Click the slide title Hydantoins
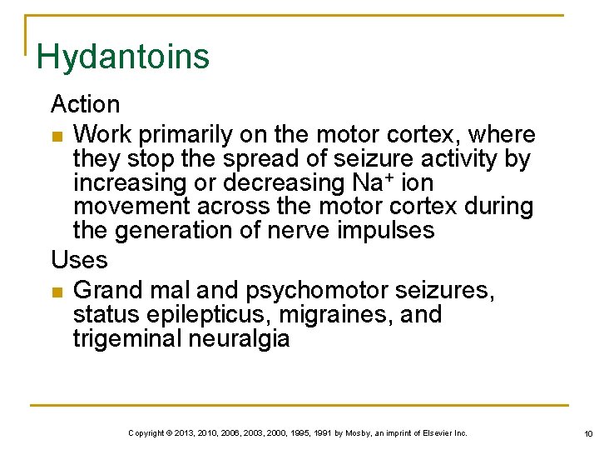pos(123,57)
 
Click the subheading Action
pos(85,105)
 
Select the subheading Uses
pos(79,260)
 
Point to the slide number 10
pos(587,434)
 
